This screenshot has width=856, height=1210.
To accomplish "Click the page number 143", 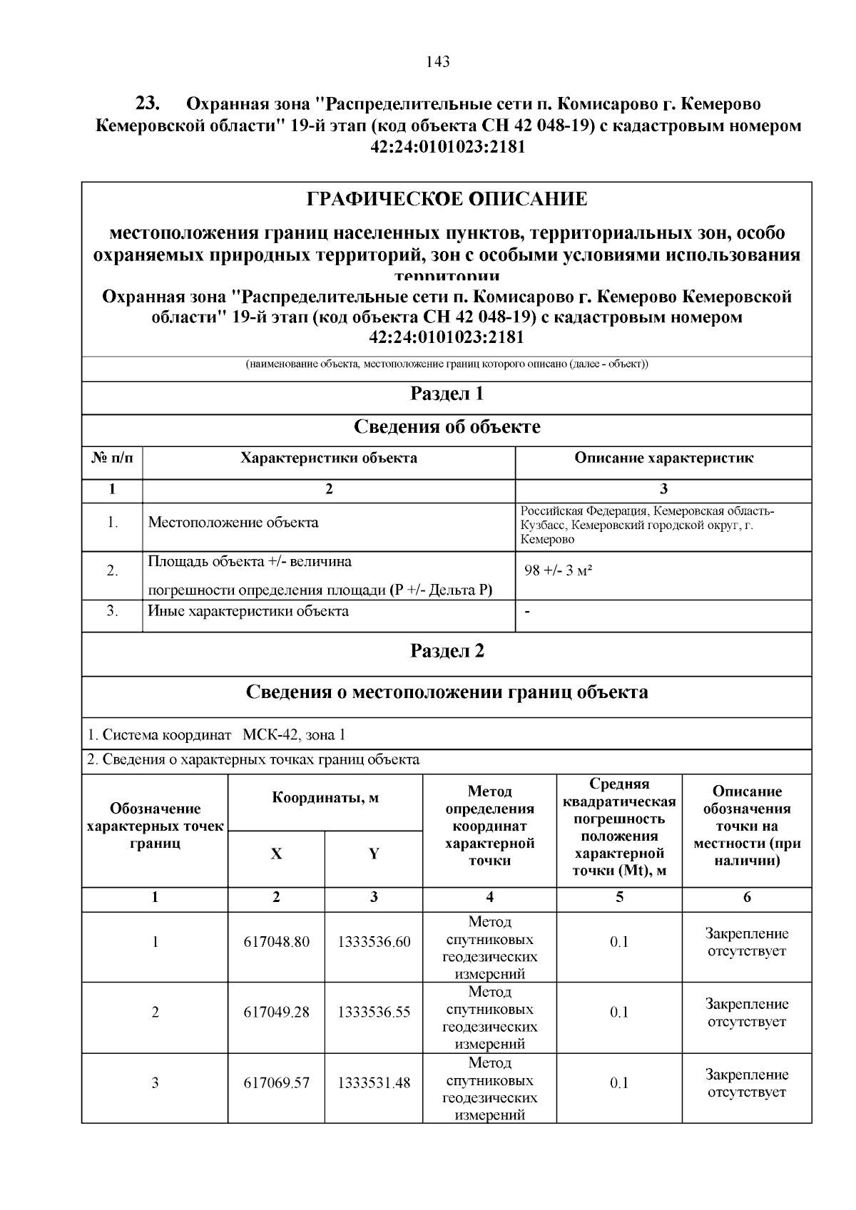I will click(437, 62).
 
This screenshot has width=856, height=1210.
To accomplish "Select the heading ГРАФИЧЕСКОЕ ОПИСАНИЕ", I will click(447, 199).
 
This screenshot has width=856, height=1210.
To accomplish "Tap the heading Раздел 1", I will click(447, 394).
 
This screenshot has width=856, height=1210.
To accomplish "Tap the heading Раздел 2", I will click(447, 651).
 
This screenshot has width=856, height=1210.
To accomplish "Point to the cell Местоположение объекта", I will click(233, 523).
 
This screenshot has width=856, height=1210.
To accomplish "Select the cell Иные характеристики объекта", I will click(248, 611).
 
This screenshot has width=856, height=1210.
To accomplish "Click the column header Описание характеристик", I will click(663, 458).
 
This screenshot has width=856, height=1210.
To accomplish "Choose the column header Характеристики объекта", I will click(329, 458).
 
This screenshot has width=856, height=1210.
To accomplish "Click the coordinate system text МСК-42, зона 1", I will click(294, 735).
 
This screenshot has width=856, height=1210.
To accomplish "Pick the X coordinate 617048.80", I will click(277, 942).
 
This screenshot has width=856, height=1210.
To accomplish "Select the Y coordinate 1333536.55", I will click(374, 1012).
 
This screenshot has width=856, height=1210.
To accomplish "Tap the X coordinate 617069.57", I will click(277, 1083).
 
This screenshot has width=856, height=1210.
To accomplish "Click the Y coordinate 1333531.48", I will click(374, 1083).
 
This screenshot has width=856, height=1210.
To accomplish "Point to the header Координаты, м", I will click(325, 798).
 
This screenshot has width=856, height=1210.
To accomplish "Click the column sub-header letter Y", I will click(374, 854).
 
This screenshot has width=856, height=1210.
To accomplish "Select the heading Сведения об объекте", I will click(447, 427).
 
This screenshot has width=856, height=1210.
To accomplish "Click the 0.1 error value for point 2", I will click(619, 1012).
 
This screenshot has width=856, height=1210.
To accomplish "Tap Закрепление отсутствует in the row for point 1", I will click(747, 942).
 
